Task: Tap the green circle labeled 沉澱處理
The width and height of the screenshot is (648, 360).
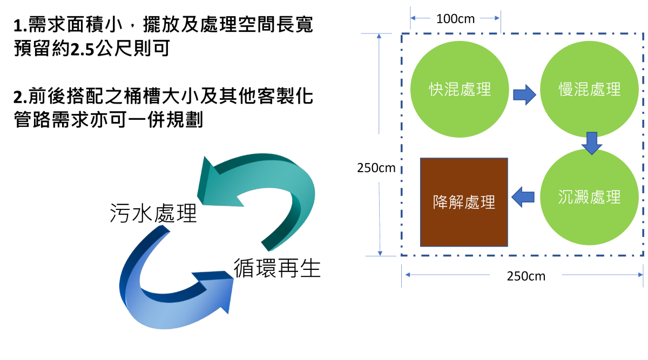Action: (589, 197)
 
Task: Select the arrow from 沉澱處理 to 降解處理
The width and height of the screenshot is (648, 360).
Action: (523, 196)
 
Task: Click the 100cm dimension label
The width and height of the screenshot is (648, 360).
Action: (455, 19)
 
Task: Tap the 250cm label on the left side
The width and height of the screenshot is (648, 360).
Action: (376, 168)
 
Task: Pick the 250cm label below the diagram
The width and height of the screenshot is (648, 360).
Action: (526, 276)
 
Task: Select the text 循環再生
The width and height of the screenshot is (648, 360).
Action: (277, 268)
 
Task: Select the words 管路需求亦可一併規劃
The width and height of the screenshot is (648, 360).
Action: (108, 120)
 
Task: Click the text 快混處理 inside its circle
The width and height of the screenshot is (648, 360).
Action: (460, 89)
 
